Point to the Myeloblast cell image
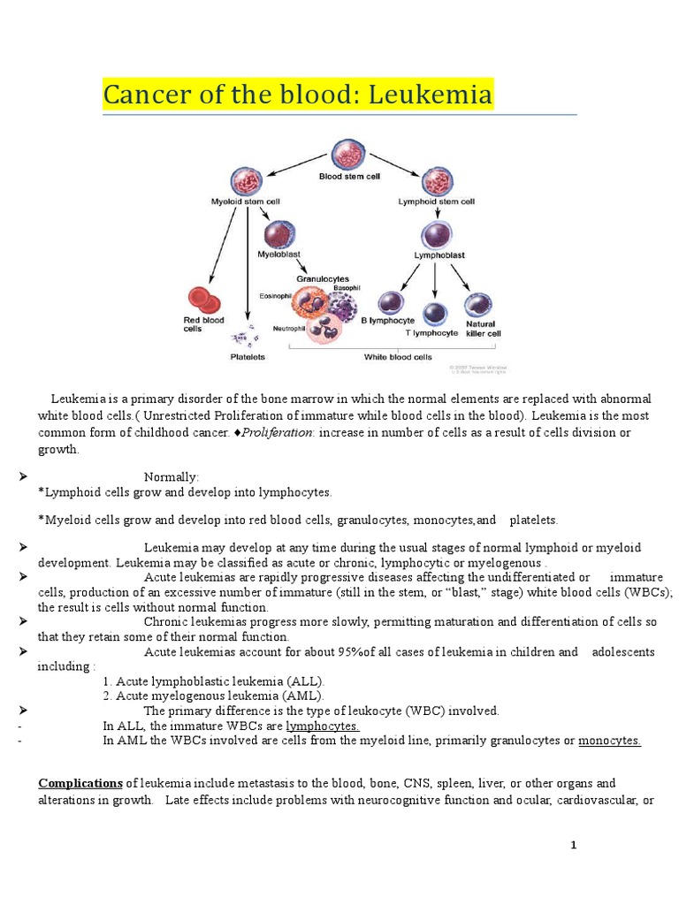(279, 234)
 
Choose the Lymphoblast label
(439, 255)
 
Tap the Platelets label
(248, 358)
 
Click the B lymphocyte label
(383, 322)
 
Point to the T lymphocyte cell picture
(434, 313)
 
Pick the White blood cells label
(398, 358)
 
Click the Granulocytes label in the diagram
(323, 278)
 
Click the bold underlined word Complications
(80, 783)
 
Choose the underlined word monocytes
(609, 741)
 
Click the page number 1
(573, 846)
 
